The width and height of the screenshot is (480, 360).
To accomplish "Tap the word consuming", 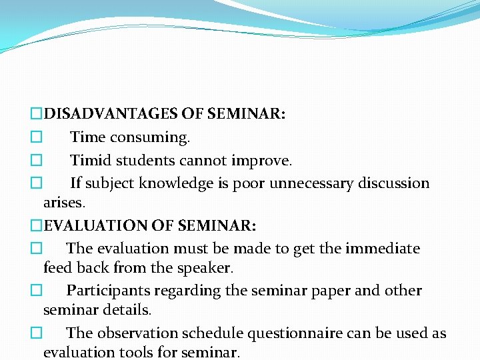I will click(150, 138).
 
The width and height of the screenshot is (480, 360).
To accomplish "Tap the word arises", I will click(65, 202).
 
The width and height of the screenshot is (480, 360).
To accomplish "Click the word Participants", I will click(109, 291).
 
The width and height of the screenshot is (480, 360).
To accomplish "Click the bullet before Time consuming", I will click(36, 138).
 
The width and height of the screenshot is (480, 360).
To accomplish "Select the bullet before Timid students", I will click(36, 161).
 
